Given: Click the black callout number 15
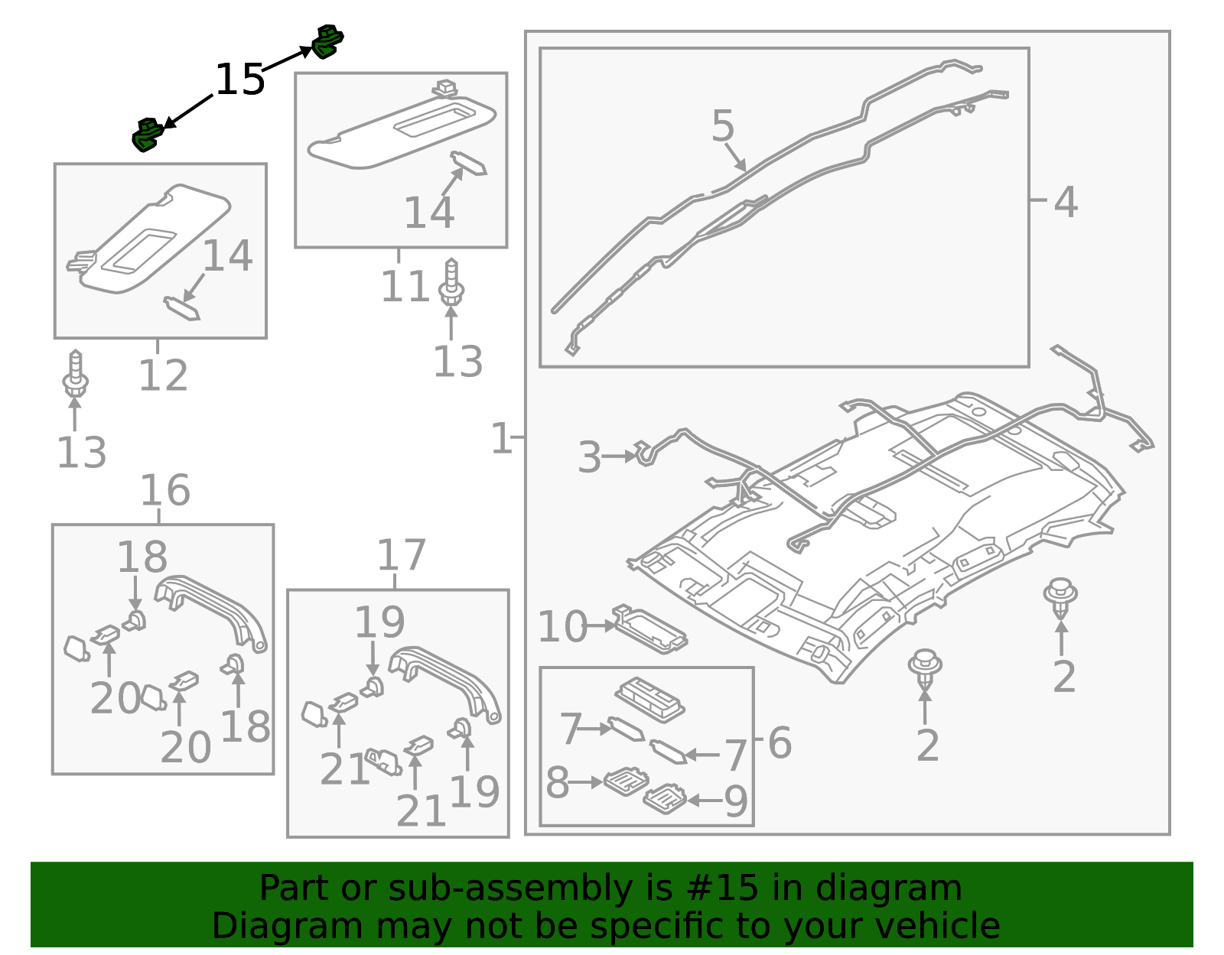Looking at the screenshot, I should pos(239,80).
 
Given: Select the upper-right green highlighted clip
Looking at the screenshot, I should pos(327,41).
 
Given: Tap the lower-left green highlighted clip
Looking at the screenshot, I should pos(147,135).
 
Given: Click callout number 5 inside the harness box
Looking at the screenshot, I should pos(722,125).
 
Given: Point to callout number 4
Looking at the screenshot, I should pos(1066,203).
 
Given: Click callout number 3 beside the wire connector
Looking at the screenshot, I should pos(589,457).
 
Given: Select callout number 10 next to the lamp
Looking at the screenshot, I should pos(562,627).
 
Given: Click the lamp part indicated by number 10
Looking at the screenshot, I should pos(650,630).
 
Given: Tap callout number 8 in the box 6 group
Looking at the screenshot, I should pos(557,782).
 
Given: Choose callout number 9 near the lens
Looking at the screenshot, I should pos(735,801).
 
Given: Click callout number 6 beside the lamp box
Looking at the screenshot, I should pos(780,742).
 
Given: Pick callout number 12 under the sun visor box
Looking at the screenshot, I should pos(163,375).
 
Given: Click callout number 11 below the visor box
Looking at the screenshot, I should pos(405,287).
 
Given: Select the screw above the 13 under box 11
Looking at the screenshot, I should pos(451,282).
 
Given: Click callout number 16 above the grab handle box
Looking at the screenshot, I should pos(164,490).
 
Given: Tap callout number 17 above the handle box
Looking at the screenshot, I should pos(401,555).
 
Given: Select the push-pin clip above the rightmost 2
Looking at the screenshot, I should pos(1060,596).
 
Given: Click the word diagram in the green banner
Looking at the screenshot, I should pos(888,888).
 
